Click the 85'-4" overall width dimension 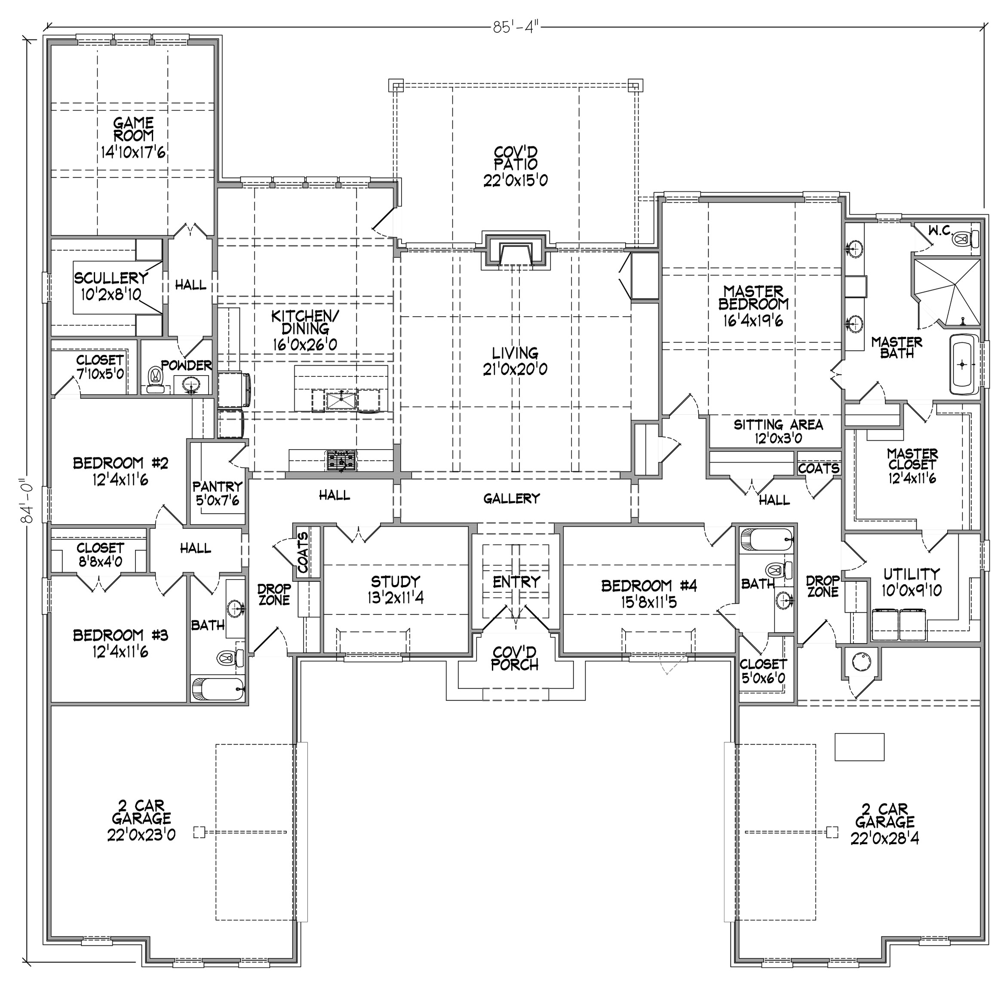516,27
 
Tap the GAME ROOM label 133,129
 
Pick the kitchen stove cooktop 341,460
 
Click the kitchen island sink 341,401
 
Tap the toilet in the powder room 154,379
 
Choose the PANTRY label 217,486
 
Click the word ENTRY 516,582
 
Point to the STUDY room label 395,581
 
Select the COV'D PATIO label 516,158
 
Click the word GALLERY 511,498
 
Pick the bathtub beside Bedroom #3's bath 218,689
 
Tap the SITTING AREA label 778,425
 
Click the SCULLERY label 111,278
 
